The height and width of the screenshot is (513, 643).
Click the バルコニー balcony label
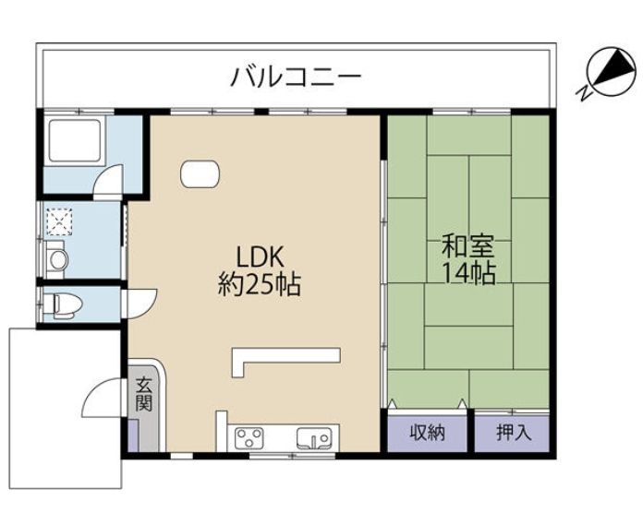(296, 77)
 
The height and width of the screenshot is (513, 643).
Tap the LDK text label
(260, 257)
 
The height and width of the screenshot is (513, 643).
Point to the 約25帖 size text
(260, 284)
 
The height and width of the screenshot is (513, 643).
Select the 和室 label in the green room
(468, 245)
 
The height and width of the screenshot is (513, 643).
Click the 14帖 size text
(468, 273)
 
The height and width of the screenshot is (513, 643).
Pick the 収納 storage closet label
(428, 433)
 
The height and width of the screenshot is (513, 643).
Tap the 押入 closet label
(515, 433)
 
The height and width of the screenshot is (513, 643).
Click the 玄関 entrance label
(144, 394)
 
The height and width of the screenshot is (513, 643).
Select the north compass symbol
(609, 74)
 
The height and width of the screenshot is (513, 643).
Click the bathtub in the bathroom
(75, 140)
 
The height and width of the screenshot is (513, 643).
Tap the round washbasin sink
(58, 259)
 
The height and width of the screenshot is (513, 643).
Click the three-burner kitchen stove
(249, 437)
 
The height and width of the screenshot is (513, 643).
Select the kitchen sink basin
(314, 437)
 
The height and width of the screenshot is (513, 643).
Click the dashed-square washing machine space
(59, 221)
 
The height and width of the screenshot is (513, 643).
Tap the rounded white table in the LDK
(200, 174)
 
